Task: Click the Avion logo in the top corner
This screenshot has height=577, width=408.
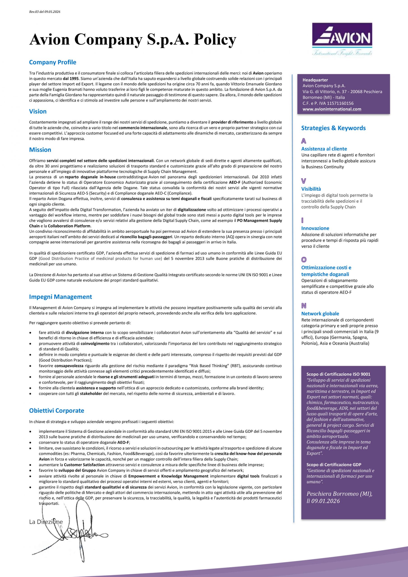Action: pyautogui.click(x=342, y=39)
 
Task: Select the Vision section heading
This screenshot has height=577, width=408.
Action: pyautogui.click(x=38, y=111)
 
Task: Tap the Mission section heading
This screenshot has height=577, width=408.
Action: pyautogui.click(x=40, y=150)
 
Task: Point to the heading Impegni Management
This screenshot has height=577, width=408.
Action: pyautogui.click(x=60, y=297)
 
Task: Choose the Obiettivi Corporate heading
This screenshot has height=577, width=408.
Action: pyautogui.click(x=57, y=411)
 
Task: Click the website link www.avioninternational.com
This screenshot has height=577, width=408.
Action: pyautogui.click(x=332, y=109)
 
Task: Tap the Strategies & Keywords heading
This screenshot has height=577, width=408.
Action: pyautogui.click(x=333, y=128)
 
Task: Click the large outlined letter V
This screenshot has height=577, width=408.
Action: pyautogui.click(x=304, y=181)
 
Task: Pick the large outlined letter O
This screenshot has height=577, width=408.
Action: pyautogui.click(x=304, y=260)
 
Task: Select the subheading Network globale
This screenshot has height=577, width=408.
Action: pyautogui.click(x=320, y=314)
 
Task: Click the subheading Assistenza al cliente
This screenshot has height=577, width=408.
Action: pyautogui.click(x=324, y=149)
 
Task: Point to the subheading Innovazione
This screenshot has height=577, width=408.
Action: pyautogui.click(x=315, y=228)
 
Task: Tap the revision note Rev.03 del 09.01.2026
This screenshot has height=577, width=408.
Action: pyautogui.click(x=45, y=11)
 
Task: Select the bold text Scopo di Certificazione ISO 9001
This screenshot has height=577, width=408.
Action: pyautogui.click(x=338, y=374)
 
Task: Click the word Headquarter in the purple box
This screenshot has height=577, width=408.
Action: pyautogui.click(x=315, y=80)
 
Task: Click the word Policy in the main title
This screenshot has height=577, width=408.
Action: pyautogui.click(x=215, y=39)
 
